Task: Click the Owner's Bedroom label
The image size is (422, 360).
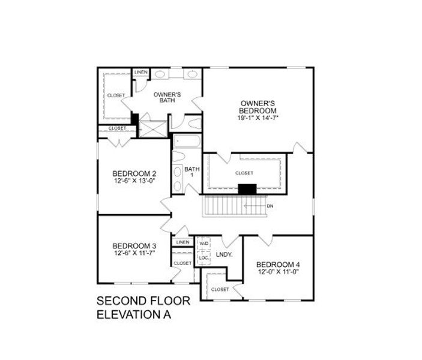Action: pos(258,107)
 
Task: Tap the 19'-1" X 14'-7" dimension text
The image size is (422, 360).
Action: pos(258,118)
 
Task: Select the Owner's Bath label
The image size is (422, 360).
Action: pos(167,97)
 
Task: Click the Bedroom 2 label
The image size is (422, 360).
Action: pos(134,173)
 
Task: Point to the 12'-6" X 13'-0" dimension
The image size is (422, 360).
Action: pos(134,181)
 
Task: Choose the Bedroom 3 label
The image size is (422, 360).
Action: pos(134,246)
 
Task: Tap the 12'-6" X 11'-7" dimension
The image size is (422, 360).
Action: pos(134,253)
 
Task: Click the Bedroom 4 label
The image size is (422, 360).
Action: pos(277,265)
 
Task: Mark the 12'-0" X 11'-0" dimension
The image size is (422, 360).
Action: pos(277,272)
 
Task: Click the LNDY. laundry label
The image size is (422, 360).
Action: pos(224,254)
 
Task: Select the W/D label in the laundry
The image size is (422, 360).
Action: pos(204,244)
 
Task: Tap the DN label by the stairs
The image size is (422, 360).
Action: pos(270,206)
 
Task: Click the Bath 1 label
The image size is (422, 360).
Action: pos(192,172)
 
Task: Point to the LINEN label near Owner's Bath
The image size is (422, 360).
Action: pos(140,72)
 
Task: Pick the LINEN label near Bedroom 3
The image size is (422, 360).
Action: pos(182,242)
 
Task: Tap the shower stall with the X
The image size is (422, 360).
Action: pos(153,129)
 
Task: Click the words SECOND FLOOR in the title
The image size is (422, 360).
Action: pos(143,301)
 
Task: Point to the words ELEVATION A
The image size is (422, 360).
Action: pos(136,314)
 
